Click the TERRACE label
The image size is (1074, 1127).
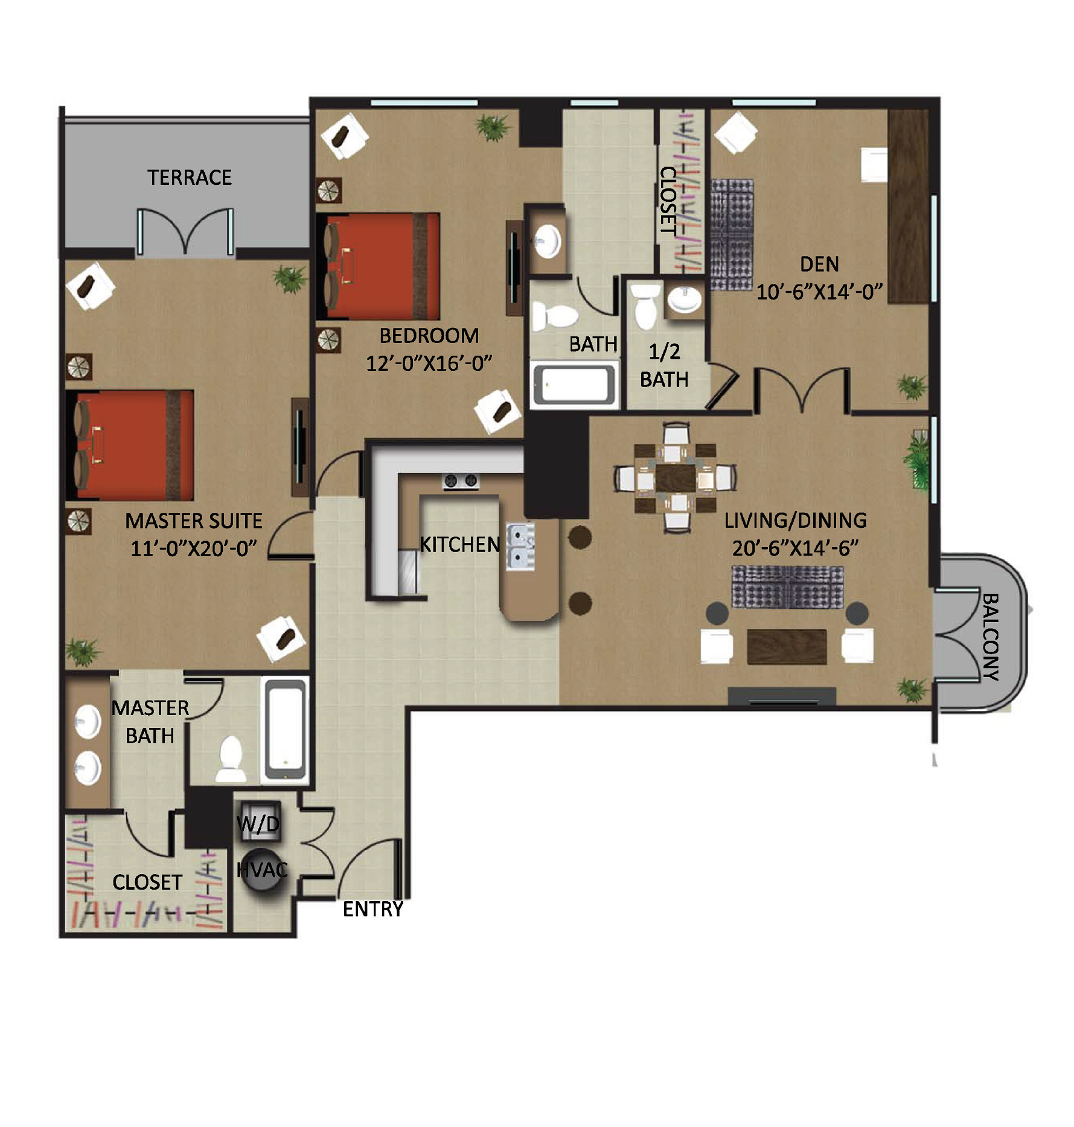(190, 177)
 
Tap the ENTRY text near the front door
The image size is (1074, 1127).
(372, 909)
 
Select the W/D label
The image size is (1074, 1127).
(258, 823)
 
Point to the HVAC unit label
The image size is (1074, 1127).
(262, 870)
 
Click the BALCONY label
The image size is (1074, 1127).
(991, 637)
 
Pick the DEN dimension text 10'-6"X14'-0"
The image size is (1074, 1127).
(819, 292)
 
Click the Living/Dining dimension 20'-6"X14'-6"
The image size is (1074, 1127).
(795, 548)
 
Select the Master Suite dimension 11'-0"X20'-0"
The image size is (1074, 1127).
(194, 548)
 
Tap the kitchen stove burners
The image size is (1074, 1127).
(461, 481)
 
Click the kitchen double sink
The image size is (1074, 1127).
(520, 547)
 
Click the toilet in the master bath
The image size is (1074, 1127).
(231, 758)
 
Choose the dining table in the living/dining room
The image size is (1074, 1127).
(676, 477)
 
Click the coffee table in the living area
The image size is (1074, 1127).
(787, 646)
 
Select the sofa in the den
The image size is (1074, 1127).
(732, 235)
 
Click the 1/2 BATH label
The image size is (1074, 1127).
(664, 365)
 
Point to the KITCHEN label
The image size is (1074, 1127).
(460, 544)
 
